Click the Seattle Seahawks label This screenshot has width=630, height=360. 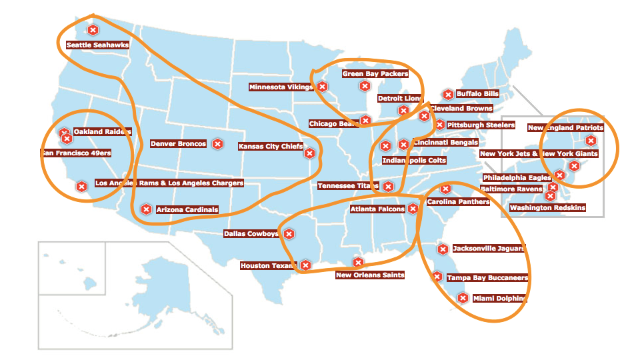pos(97,45)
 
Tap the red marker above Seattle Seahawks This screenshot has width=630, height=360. pos(93,30)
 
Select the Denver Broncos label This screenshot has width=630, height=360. pos(178,143)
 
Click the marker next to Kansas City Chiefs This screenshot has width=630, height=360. pos(309,153)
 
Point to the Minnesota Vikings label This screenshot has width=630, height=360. pos(281,87)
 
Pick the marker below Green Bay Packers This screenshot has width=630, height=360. pos(365,86)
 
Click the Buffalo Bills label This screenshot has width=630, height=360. pos(477,94)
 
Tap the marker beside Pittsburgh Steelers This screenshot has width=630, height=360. pos(439,125)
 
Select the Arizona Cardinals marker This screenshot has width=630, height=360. pos(145,209)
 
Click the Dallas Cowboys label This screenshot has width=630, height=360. pos(251,234)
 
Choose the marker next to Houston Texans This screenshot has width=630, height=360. pos(305,265)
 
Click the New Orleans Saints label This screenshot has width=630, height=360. pos(370,275)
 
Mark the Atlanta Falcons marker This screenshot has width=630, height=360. pos(413,209)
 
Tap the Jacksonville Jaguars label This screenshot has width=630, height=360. pos(489,249)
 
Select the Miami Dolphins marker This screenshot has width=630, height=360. pos(463,299)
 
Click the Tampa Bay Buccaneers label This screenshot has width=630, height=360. pos(487,277)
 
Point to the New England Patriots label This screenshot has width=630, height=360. pos(565,127)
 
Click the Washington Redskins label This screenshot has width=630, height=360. pos(547,207)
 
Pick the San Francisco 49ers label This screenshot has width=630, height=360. pos(76,153)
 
